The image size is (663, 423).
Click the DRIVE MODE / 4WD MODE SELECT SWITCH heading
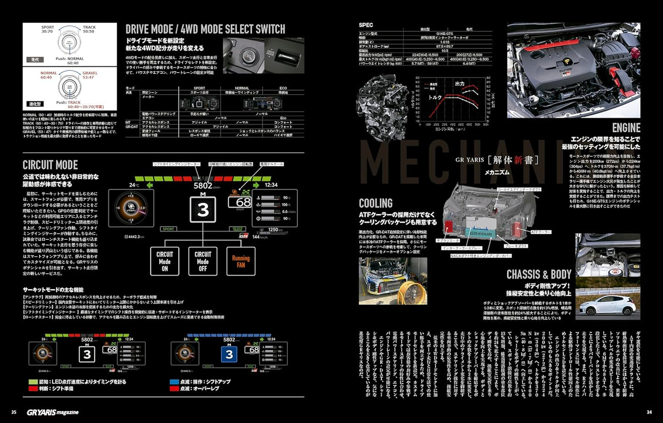[205, 29]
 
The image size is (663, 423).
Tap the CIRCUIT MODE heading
[50, 165]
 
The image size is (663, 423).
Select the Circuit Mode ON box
[165, 261]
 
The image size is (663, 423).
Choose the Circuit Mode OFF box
[203, 261]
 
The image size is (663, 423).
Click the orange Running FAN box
[240, 261]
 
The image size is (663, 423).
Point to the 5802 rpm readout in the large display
[203, 186]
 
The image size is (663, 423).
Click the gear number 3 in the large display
[203, 210]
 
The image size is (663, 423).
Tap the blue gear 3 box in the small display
[229, 354]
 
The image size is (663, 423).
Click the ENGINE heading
[626, 128]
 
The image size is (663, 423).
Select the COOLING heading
[375, 203]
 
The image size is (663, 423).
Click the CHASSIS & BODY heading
[539, 275]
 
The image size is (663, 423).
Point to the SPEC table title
[366, 25]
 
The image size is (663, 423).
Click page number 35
[14, 412]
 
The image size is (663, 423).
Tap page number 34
[649, 412]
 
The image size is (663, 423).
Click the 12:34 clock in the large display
[271, 185]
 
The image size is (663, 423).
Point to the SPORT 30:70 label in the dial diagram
[47, 29]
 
